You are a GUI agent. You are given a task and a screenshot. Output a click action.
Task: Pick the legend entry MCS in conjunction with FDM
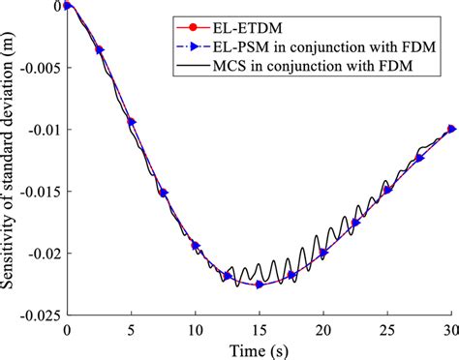tap(312, 68)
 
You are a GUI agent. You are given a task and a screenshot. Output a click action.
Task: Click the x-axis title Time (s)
tap(259, 349)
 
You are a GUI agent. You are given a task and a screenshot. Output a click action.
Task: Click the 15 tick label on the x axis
tap(260, 329)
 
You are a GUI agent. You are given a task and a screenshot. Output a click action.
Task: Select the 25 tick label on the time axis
tap(387, 329)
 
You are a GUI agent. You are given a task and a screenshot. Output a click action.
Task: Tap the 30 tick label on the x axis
tap(451, 329)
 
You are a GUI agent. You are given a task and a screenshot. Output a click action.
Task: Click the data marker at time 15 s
tap(260, 285)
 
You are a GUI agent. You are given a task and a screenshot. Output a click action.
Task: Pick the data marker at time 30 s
tap(451, 129)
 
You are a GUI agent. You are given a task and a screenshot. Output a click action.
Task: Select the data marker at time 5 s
tap(132, 121)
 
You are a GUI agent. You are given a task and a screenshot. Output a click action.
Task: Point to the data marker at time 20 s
tap(323, 254)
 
